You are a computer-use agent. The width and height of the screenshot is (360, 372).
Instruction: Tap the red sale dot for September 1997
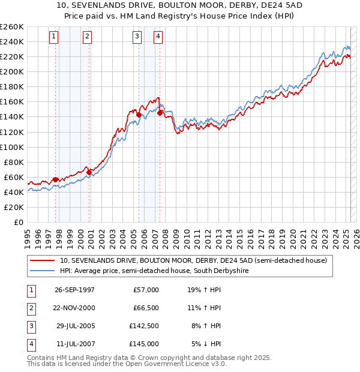point(56,179)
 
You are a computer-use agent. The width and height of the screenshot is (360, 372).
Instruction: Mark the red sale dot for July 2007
point(160,113)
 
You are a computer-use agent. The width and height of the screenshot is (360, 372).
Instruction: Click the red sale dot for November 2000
point(89,172)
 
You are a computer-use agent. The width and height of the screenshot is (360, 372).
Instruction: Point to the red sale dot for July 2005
point(139,115)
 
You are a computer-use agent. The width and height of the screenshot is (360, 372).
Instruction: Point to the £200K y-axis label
point(12,71)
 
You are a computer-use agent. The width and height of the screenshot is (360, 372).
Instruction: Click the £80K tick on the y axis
point(14,162)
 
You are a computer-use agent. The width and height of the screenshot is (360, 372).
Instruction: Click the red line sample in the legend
point(42,261)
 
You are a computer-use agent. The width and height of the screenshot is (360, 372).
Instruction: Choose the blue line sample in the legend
point(42,271)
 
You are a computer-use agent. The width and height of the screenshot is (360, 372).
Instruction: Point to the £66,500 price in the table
point(146,308)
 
